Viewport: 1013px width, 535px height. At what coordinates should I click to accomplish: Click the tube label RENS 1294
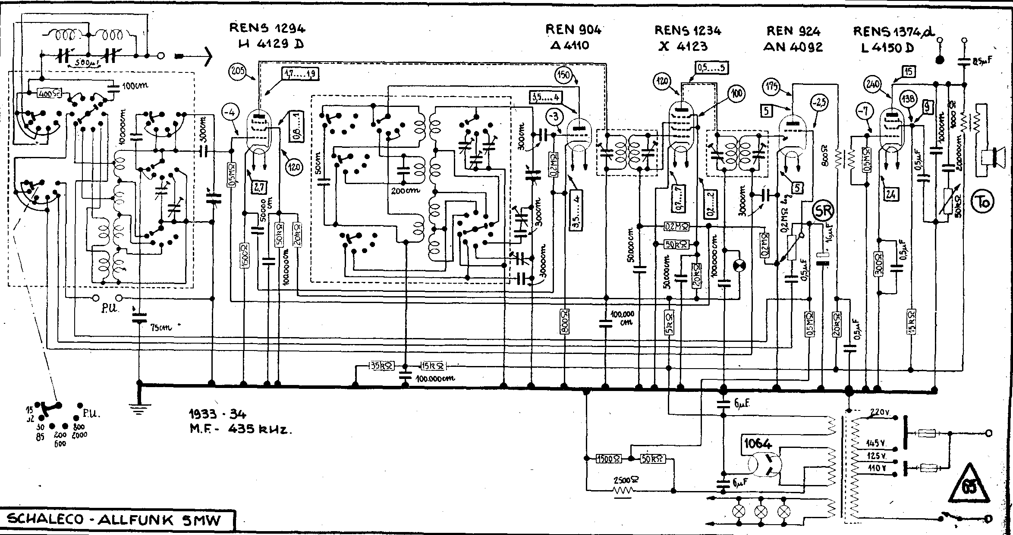[x=267, y=28]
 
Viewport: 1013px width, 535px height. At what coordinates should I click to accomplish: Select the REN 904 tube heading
[x=573, y=29]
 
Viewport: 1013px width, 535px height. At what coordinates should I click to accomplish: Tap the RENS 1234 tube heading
[x=688, y=30]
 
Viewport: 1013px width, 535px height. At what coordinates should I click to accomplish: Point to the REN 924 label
[x=793, y=31]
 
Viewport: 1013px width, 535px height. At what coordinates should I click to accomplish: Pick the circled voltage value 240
[x=874, y=85]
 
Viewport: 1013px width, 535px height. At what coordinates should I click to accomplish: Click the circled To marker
[x=982, y=201]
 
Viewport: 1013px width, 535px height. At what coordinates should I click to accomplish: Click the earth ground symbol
[x=138, y=409]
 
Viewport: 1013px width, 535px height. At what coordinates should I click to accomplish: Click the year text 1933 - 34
[x=217, y=414]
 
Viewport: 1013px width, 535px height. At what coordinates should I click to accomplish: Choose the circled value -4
[x=231, y=114]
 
